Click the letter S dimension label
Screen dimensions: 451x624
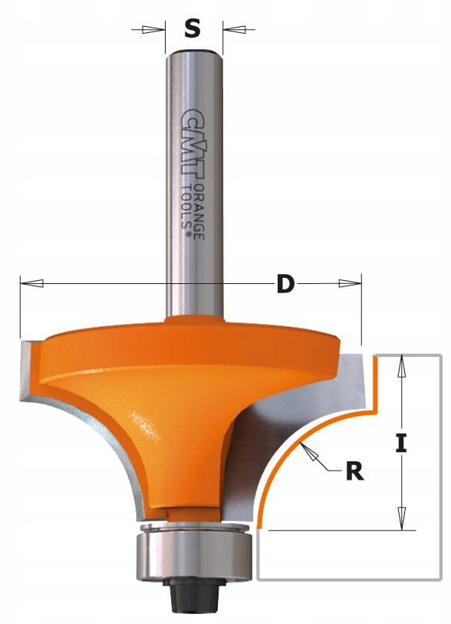pos(193,28)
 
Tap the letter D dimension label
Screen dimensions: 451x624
pos(285,284)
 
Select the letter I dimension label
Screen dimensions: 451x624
pos(401,444)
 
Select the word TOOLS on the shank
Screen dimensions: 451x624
pos(186,207)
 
